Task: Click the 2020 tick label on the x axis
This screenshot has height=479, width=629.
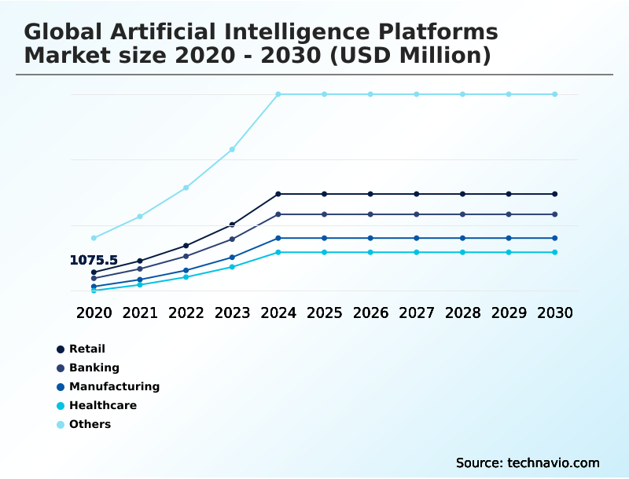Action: pyautogui.click(x=94, y=313)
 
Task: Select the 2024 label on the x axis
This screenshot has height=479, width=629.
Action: pyautogui.click(x=278, y=313)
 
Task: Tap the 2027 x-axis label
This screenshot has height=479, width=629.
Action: pyautogui.click(x=417, y=313)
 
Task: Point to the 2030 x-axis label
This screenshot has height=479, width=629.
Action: pyautogui.click(x=555, y=313)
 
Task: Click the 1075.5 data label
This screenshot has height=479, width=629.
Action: pyautogui.click(x=94, y=260)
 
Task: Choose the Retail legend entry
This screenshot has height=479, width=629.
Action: pyautogui.click(x=86, y=349)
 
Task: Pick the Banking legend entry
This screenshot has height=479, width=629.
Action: pyautogui.click(x=94, y=367)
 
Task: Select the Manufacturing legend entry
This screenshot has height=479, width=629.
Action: pyautogui.click(x=114, y=386)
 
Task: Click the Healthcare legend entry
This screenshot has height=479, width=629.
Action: pyautogui.click(x=102, y=405)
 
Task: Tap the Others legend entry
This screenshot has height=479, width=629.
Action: pyautogui.click(x=90, y=424)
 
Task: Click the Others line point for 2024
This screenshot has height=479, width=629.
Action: pyautogui.click(x=278, y=94)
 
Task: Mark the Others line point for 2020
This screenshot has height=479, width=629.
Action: pyautogui.click(x=94, y=238)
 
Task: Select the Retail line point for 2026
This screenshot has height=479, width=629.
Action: pyautogui.click(x=370, y=194)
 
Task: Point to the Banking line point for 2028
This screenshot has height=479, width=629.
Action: pyautogui.click(x=462, y=214)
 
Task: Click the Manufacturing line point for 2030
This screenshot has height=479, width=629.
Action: pyautogui.click(x=555, y=238)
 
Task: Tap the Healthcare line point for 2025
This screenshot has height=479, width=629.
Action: pyautogui.click(x=324, y=252)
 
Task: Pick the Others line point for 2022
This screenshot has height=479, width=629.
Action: pyautogui.click(x=186, y=188)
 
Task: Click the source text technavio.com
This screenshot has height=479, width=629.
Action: pyautogui.click(x=554, y=463)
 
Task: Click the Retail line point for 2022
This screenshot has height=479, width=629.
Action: pyautogui.click(x=186, y=246)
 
